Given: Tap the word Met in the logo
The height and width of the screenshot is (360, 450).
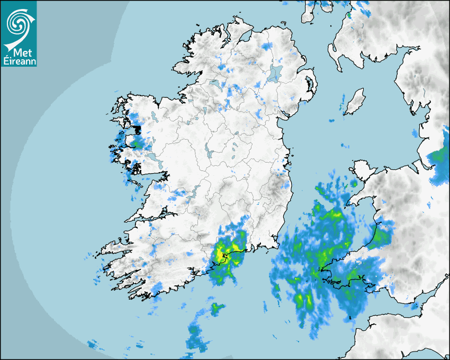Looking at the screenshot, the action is [19, 52].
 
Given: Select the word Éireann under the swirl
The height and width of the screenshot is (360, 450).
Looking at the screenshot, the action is [18, 61].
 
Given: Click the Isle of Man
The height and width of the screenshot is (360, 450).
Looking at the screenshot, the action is [354, 102].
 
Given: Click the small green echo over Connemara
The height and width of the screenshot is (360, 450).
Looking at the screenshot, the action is [138, 142].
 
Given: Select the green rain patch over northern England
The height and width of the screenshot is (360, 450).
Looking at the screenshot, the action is [439, 157].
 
